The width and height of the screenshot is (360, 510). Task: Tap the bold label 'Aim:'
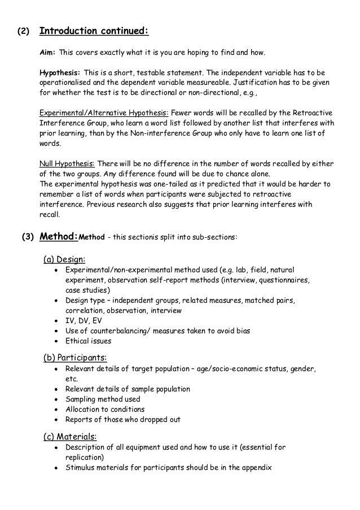click(x=47, y=53)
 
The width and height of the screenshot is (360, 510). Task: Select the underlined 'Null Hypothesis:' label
click(x=63, y=163)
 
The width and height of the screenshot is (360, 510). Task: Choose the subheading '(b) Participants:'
click(x=76, y=358)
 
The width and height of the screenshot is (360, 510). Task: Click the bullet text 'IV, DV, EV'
click(x=84, y=320)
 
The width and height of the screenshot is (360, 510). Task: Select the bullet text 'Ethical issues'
click(x=88, y=341)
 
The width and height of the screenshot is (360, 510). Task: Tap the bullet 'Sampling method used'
click(x=103, y=399)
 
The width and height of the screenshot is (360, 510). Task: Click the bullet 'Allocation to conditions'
click(x=105, y=409)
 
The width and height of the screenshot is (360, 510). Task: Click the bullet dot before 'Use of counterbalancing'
click(x=56, y=330)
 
